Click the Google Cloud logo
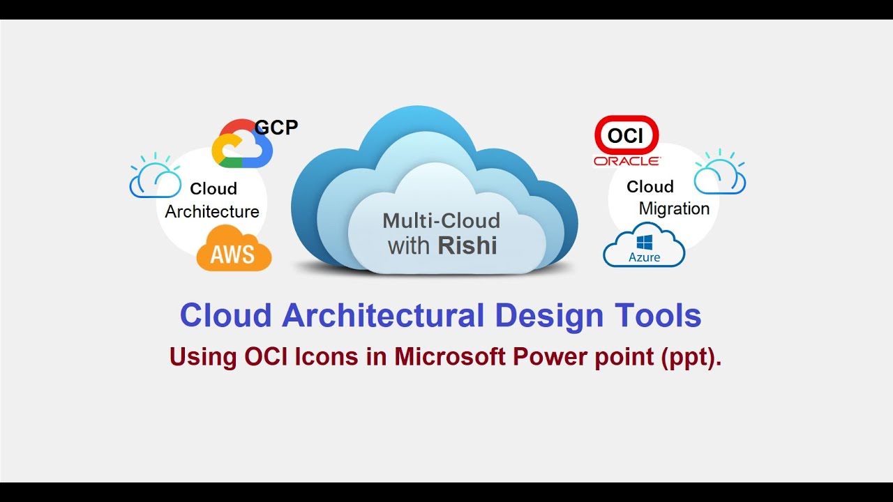pos(241,144)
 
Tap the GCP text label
pos(276,128)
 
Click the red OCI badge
pos(626,135)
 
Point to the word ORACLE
pos(626,161)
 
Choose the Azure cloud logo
pos(644,245)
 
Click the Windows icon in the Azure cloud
pos(644,241)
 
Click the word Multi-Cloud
pos(441,221)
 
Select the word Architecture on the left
pos(212,211)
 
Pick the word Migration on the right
pos(674,208)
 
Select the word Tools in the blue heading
pos(658,316)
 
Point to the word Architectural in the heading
pos(382,316)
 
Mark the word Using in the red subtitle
pos(203,357)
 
